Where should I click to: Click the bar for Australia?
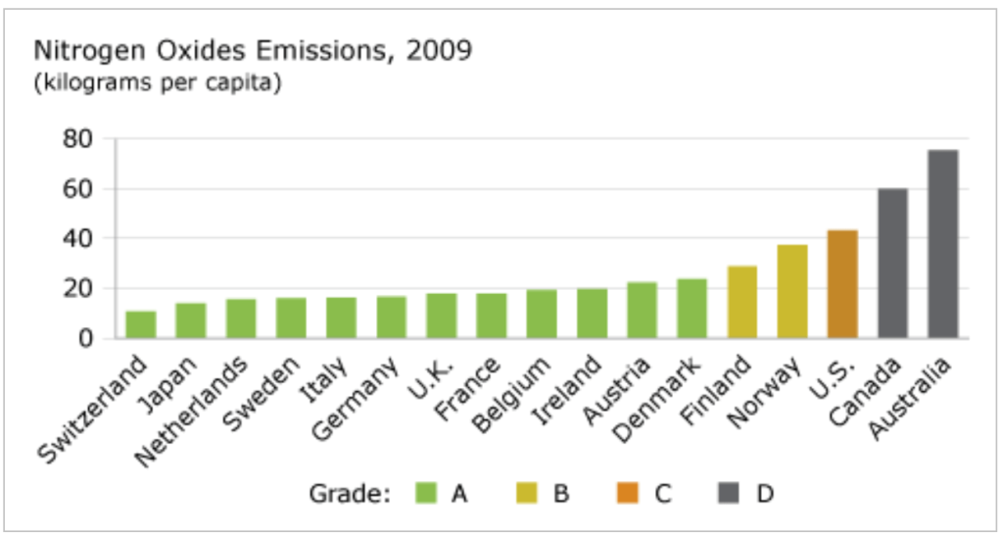tap(942, 244)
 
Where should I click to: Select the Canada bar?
tap(892, 264)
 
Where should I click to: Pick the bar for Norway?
tap(792, 292)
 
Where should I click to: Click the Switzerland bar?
tap(141, 324)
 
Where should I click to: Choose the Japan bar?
tap(191, 320)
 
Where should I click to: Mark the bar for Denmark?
tap(692, 309)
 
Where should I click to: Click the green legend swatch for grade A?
tap(425, 493)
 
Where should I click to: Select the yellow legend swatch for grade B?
tap(527, 493)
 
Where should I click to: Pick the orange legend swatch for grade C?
tap(629, 493)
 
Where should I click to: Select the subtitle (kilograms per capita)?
tap(158, 82)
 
